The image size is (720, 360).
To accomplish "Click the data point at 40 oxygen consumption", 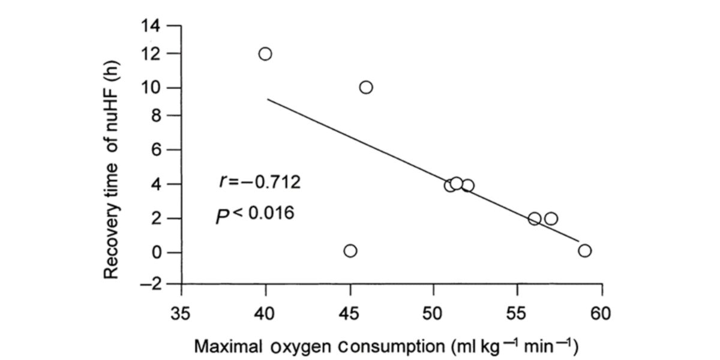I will [x=265, y=53].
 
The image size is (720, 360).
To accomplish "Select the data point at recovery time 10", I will [x=366, y=87].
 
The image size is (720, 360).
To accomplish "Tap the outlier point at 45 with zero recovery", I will [x=350, y=250].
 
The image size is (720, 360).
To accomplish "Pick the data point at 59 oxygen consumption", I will [x=585, y=250].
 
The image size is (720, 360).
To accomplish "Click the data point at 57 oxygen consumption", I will [x=551, y=218].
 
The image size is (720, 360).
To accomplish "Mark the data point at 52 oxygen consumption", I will [x=468, y=185].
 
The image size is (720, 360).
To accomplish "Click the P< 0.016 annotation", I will [x=256, y=214].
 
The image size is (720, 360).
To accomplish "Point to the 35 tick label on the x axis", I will [x=181, y=313].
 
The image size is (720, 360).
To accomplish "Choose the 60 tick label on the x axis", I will [x=601, y=313].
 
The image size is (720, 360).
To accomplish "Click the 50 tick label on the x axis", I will [x=433, y=313].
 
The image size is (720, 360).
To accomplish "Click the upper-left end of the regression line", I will [x=268, y=99].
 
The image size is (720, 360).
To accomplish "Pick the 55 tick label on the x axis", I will [x=517, y=313].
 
